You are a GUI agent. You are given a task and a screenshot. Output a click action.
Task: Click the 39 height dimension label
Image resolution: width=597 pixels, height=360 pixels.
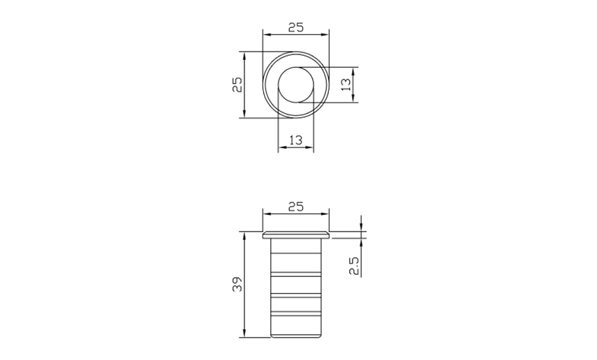237,285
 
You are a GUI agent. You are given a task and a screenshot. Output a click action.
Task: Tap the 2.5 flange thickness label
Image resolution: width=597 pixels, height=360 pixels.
354,266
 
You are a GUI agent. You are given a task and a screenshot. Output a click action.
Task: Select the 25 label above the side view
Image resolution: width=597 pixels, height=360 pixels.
295,207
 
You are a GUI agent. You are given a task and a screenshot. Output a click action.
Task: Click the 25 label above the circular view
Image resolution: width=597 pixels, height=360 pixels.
295,27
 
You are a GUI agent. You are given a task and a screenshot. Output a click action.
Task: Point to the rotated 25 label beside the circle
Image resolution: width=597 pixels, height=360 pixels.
237,84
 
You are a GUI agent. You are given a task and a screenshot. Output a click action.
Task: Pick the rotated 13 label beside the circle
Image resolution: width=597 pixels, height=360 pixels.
346,84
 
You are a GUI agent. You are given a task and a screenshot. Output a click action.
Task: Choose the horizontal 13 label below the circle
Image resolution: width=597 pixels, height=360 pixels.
295,140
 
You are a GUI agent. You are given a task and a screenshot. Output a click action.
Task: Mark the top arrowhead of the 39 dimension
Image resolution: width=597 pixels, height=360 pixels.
244,235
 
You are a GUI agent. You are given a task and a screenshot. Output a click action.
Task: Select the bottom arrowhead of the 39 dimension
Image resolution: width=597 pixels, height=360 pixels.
244,334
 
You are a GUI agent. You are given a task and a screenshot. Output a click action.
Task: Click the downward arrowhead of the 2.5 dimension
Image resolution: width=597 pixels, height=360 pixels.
361,228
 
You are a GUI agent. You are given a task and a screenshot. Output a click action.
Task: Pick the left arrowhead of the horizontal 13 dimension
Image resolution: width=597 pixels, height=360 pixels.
281,148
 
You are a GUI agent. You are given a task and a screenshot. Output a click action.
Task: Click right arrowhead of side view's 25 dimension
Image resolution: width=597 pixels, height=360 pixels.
325,214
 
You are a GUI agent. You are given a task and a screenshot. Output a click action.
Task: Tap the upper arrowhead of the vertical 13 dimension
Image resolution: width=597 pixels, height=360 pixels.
355,70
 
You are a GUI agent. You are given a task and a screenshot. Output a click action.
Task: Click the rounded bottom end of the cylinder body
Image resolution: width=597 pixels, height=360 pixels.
295,336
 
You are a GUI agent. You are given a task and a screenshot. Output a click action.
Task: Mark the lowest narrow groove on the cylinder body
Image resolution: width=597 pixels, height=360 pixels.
295,315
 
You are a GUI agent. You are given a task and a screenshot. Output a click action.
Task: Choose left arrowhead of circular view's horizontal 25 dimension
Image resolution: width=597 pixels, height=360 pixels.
266,33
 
